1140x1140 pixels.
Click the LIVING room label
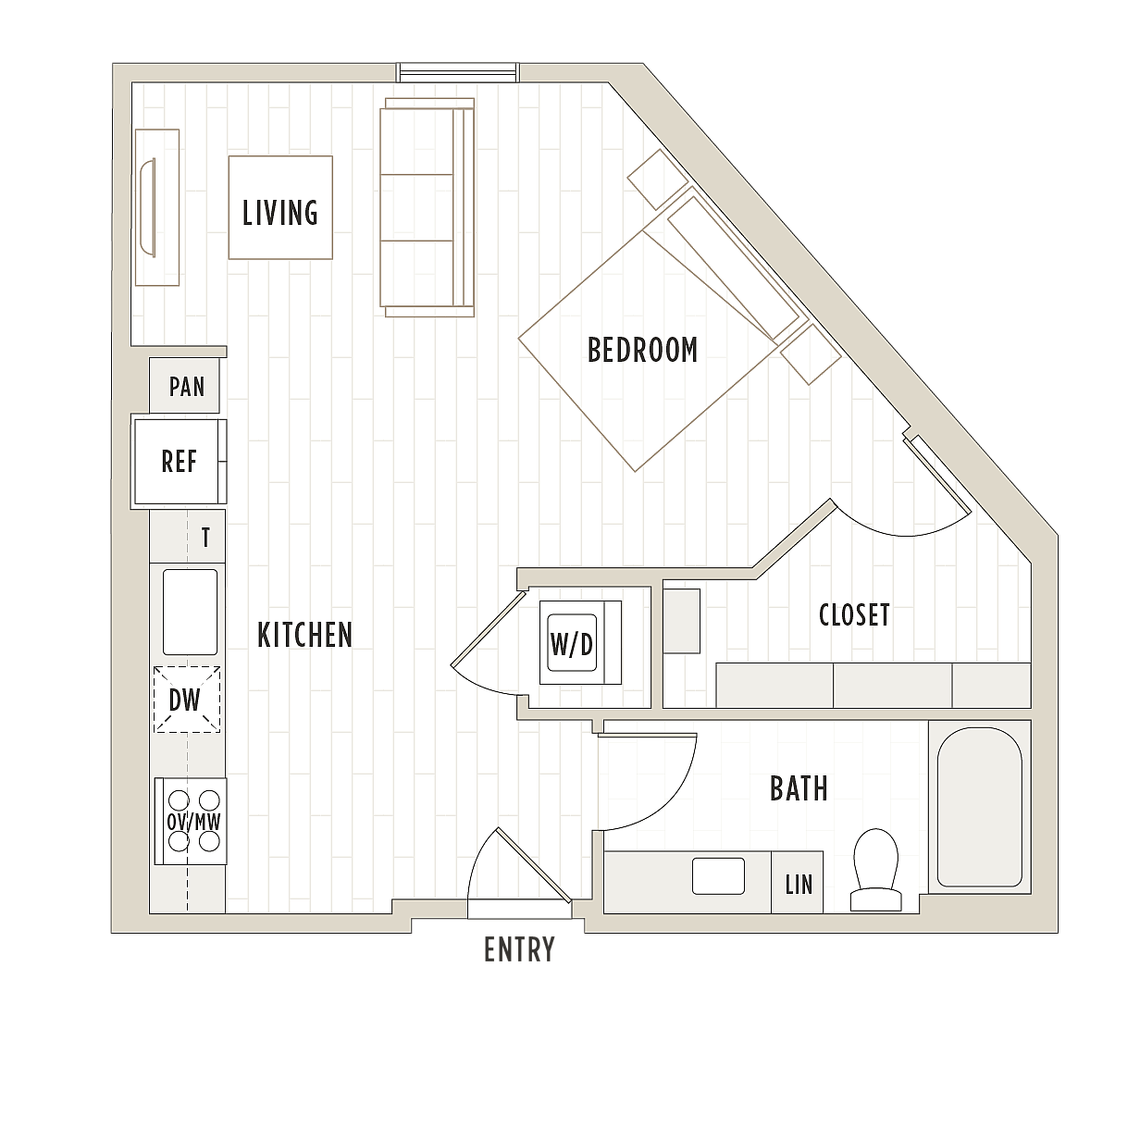(279, 213)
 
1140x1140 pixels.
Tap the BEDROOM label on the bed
(642, 350)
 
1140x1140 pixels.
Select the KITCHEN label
(304, 635)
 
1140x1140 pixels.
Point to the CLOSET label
(854, 615)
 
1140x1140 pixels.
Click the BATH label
(799, 788)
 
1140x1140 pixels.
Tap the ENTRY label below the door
(519, 949)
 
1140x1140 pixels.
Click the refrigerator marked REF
(180, 462)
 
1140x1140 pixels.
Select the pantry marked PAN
(184, 386)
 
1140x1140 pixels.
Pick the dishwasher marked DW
(187, 700)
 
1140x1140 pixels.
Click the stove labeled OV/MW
(191, 821)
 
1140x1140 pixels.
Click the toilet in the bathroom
(875, 870)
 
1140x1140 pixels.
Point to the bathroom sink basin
(718, 876)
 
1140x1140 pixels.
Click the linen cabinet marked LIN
(797, 882)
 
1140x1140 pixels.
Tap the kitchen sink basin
(190, 613)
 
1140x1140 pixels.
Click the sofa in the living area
(427, 207)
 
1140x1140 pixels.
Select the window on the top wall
(457, 72)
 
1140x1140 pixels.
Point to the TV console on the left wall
(157, 207)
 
